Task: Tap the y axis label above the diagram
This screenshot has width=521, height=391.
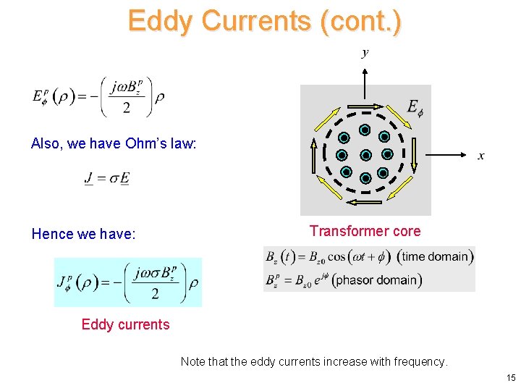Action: click(x=365, y=52)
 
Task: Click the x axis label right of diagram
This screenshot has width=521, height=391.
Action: click(x=481, y=156)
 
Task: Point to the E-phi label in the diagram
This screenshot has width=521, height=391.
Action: click(x=415, y=109)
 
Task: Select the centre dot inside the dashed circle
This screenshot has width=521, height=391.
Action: click(x=365, y=155)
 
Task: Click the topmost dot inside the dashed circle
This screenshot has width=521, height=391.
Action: click(x=365, y=131)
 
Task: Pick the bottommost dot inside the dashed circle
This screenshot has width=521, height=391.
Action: click(x=365, y=178)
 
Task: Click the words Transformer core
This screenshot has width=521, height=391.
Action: click(x=365, y=231)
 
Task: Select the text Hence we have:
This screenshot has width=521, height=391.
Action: click(x=83, y=234)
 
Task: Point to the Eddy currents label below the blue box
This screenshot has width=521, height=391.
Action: click(x=125, y=324)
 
